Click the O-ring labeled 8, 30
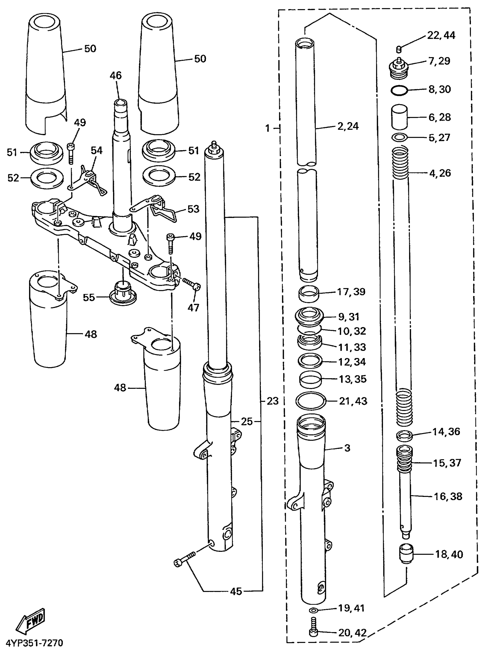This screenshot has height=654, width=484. pos(399,90)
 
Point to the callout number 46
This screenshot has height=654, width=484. pos(116,76)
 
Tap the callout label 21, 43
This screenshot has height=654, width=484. pos(353,401)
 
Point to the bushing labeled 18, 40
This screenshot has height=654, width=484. pos(406,553)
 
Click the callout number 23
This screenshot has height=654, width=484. pos(272,401)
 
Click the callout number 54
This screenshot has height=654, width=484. pos(97,151)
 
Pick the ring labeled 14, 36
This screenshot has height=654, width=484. pos(404,435)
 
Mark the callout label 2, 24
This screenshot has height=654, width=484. pos(348,126)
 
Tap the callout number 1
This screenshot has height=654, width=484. pos(267,128)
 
